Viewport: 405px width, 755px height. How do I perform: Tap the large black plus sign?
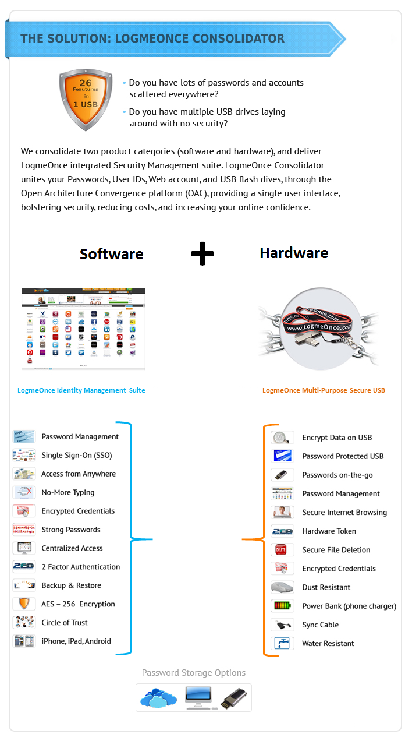(202, 253)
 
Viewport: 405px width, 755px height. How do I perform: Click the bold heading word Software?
(111, 254)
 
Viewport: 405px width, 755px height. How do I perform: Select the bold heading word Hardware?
(294, 253)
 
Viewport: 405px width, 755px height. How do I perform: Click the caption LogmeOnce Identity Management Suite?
(81, 390)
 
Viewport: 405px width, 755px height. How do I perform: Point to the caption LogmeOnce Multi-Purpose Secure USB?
(324, 390)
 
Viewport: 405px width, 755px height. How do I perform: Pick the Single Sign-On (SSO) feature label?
(76, 455)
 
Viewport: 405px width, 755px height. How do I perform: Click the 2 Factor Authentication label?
(80, 567)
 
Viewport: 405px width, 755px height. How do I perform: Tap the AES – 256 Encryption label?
(78, 604)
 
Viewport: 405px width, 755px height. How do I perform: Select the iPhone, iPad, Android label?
(76, 641)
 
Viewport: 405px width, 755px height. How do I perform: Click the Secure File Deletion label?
(336, 550)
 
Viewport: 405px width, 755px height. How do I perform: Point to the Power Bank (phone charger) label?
(349, 606)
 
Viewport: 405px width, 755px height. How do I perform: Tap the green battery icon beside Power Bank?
(282, 606)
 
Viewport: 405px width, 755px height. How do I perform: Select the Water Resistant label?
(328, 644)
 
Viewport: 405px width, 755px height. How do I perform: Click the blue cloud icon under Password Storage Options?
(159, 698)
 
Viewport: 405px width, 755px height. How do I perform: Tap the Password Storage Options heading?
(194, 673)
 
